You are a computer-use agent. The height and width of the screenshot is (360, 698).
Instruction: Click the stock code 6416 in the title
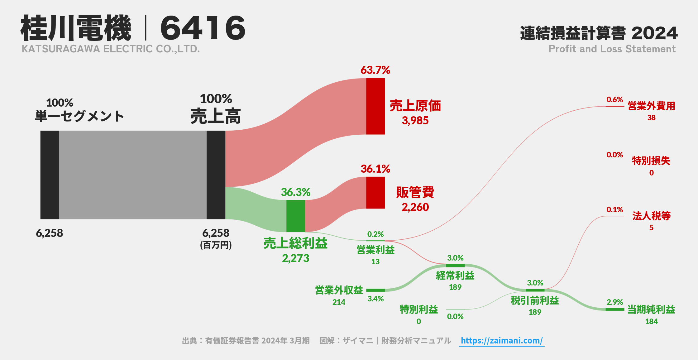click(203, 28)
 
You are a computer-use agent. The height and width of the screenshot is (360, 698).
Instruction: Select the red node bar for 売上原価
click(375, 106)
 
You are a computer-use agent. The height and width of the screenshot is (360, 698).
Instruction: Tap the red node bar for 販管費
click(375, 193)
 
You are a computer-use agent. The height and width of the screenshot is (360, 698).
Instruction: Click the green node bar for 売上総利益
click(296, 216)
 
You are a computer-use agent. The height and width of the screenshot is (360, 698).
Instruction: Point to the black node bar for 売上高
click(216, 175)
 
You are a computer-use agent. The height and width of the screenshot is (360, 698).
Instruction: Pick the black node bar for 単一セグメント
click(50, 175)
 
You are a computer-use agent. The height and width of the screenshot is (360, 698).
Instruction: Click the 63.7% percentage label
click(375, 70)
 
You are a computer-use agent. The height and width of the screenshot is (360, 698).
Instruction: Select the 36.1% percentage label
click(375, 169)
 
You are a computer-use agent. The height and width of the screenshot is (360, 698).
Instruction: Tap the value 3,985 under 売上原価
click(415, 121)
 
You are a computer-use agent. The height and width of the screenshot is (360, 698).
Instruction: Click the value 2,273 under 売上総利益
click(295, 258)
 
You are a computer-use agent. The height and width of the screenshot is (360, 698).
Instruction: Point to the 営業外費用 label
click(651, 106)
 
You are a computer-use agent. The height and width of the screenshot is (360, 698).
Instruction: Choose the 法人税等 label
click(651, 216)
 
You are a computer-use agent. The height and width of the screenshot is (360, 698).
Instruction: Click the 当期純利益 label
click(651, 310)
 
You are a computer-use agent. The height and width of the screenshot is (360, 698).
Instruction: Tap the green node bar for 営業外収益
click(375, 290)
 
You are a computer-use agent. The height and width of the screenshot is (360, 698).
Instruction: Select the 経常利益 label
click(455, 276)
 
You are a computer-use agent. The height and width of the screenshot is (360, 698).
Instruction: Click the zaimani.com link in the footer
click(502, 340)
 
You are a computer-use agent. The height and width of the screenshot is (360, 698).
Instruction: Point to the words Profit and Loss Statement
click(612, 49)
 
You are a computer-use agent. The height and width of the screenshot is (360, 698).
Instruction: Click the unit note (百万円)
click(216, 245)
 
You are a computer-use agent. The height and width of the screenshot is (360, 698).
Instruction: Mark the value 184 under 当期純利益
click(651, 321)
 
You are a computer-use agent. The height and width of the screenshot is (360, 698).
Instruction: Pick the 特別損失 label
click(651, 161)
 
